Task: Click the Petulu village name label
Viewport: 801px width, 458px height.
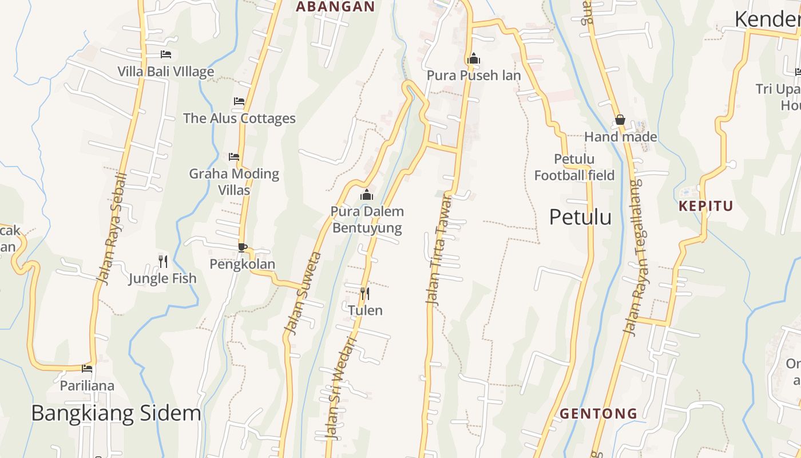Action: [580, 218]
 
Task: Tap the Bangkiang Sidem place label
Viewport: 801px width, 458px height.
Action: [116, 413]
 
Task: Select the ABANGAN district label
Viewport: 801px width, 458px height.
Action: [335, 7]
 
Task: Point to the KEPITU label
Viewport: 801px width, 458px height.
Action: [706, 206]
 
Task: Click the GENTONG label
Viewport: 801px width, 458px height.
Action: [598, 413]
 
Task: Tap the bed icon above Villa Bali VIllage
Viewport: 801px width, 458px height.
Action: [166, 54]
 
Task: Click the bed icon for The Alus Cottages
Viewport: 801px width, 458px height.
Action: [239, 101]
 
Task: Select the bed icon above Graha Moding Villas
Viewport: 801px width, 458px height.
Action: [233, 156]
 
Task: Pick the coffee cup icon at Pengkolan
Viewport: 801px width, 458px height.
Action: [243, 247]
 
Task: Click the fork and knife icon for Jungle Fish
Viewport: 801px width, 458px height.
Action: [163, 262]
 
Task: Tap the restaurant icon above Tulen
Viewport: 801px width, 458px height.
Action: [364, 294]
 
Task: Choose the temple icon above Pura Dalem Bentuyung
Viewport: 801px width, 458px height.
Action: [367, 195]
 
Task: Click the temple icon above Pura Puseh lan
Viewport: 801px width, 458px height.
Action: [474, 58]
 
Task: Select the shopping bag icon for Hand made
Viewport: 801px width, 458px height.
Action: [620, 120]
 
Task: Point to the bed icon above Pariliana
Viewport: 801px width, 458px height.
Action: [87, 368]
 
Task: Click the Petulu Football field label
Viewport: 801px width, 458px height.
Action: [574, 167]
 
